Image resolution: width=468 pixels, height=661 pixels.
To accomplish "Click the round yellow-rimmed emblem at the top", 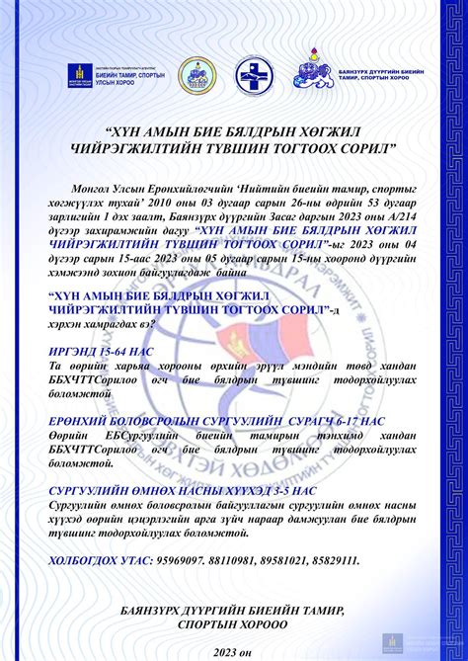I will [196, 75].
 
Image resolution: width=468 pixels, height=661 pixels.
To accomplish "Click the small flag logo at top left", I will [75, 75].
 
